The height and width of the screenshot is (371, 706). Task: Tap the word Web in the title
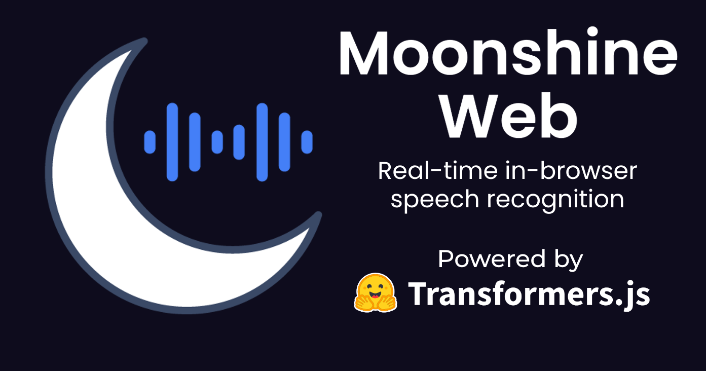click(508, 116)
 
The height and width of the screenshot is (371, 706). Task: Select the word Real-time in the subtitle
click(438, 170)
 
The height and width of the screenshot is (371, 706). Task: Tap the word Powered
click(492, 259)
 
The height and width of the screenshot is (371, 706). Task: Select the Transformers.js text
click(529, 294)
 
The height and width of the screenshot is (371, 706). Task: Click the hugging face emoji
click(376, 292)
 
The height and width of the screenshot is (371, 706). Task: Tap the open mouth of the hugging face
click(375, 295)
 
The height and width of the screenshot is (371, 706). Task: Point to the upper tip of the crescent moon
click(144, 41)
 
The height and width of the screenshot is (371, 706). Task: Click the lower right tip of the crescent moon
click(318, 215)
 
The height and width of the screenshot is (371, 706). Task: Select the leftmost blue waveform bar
click(150, 142)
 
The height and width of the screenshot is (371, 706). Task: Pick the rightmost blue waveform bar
click(307, 142)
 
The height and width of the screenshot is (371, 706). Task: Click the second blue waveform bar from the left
click(172, 142)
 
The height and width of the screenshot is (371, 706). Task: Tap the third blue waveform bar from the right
click(262, 142)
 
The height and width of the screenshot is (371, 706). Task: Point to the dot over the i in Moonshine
click(592, 32)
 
